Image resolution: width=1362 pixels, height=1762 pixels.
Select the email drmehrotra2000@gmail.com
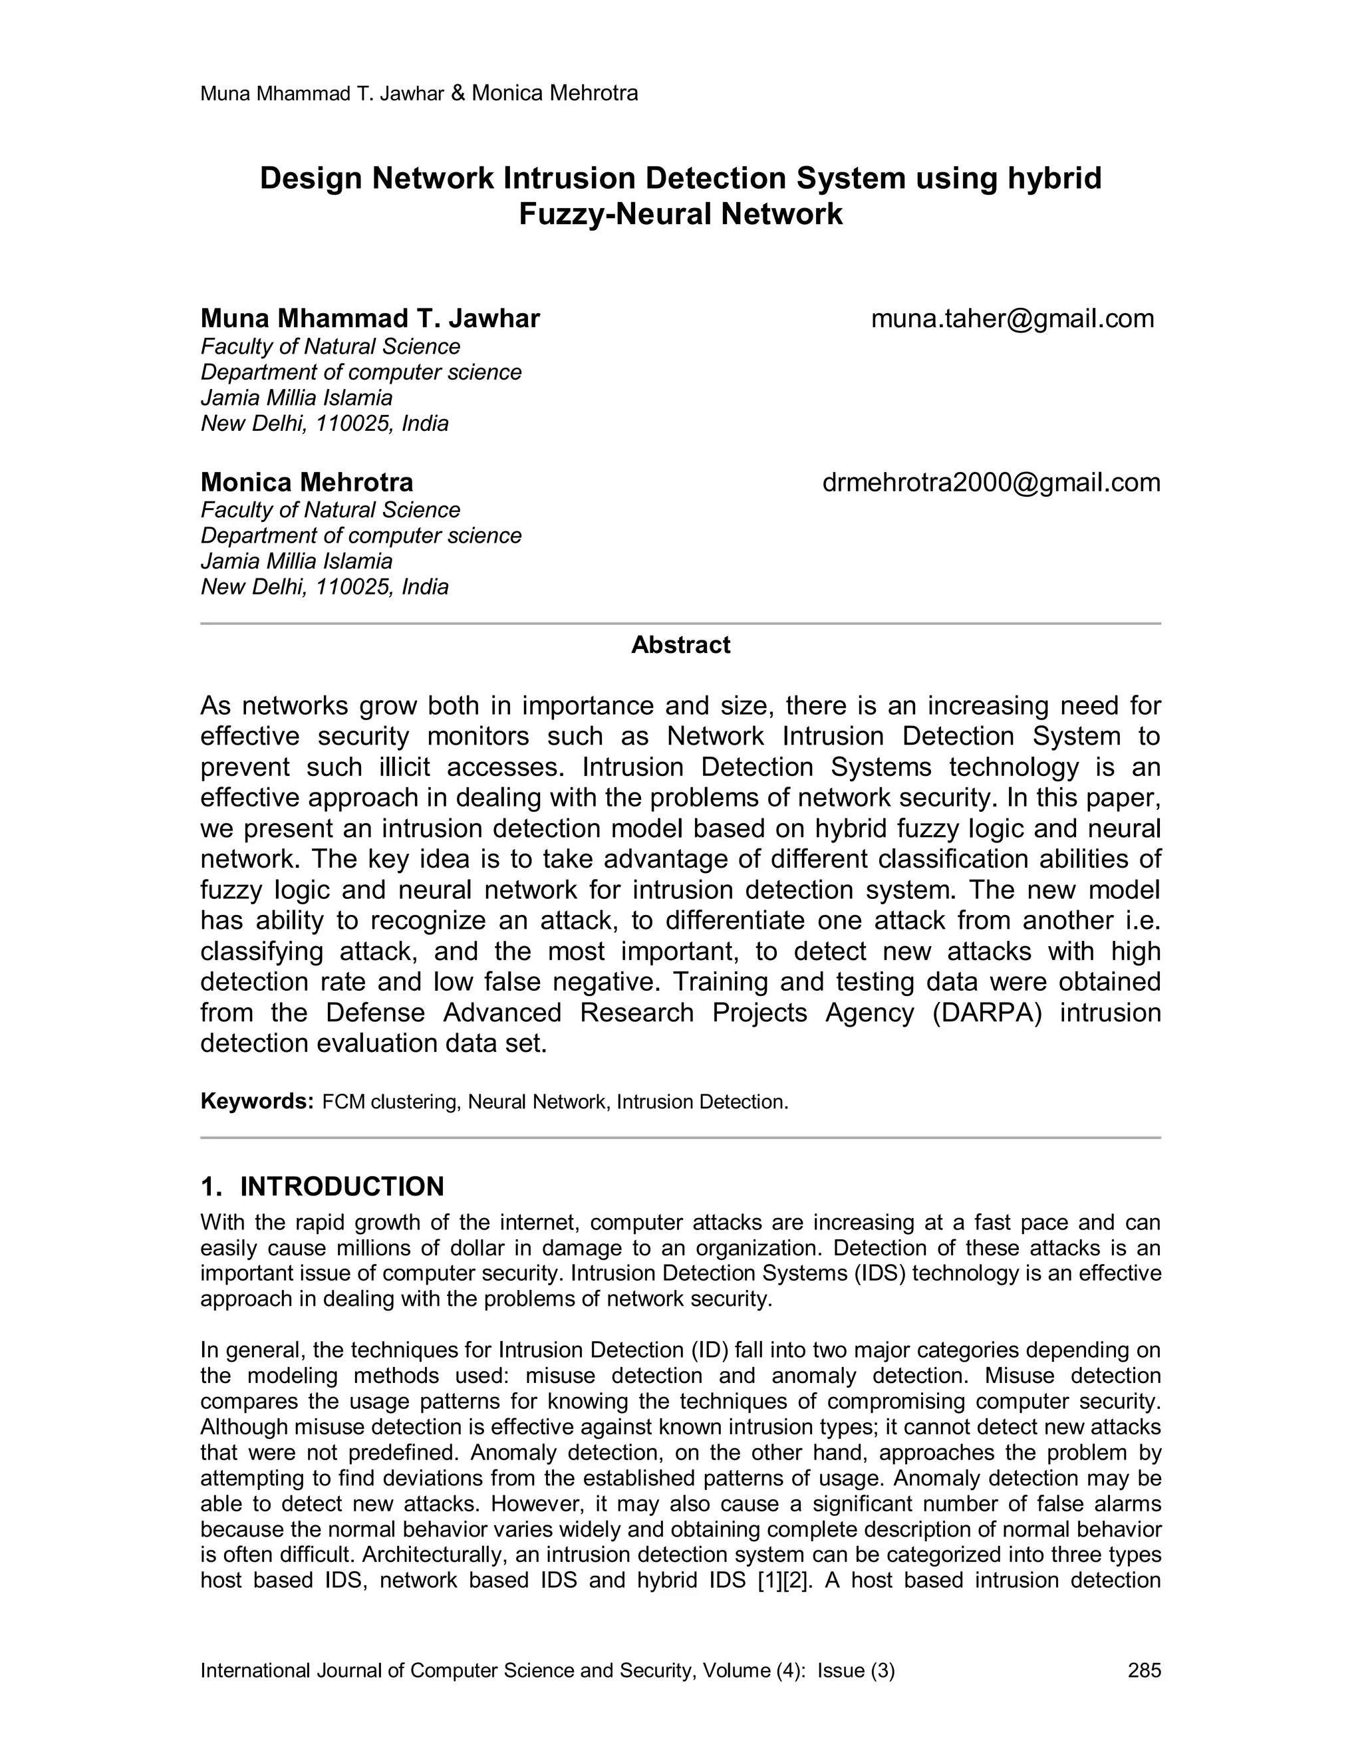[991, 483]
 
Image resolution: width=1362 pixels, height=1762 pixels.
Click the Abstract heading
[680, 644]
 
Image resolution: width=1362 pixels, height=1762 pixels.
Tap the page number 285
[1144, 1670]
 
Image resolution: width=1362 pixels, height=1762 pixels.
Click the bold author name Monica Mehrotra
[307, 483]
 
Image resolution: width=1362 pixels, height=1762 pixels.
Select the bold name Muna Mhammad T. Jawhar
[370, 318]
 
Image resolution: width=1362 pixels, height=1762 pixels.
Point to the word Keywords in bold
[256, 1101]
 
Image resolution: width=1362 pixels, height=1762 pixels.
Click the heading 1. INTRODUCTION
[322, 1186]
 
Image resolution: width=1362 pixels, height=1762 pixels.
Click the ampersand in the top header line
[458, 94]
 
